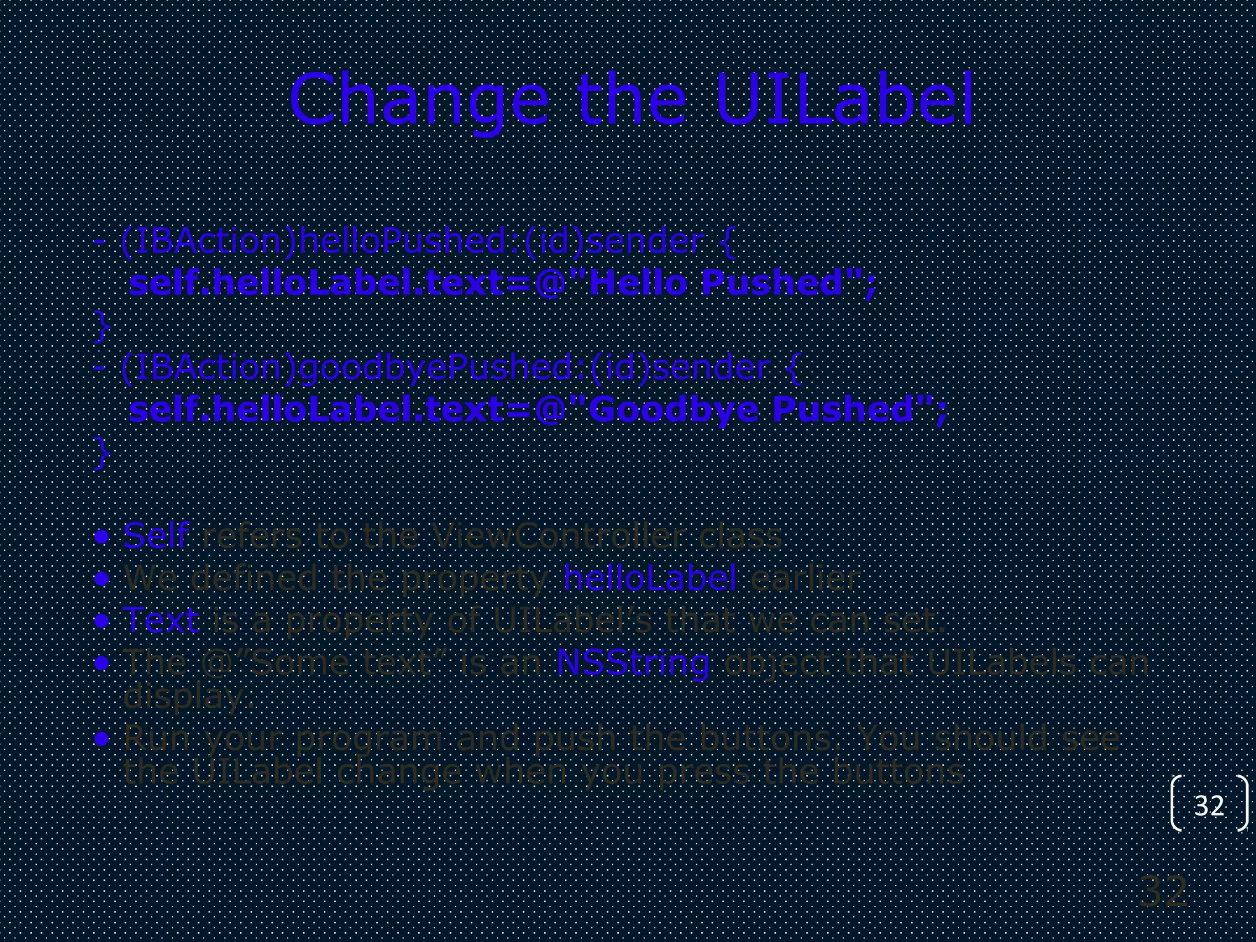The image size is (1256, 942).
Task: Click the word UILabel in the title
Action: pyautogui.click(x=844, y=99)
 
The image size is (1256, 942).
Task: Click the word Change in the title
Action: pyautogui.click(x=419, y=99)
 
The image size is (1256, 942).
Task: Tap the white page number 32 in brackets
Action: pyautogui.click(x=1209, y=805)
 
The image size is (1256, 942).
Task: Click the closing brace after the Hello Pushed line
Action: pyautogui.click(x=102, y=326)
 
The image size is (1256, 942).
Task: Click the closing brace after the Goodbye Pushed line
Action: pyautogui.click(x=102, y=453)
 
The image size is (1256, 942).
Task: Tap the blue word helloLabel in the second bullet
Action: pyautogui.click(x=649, y=578)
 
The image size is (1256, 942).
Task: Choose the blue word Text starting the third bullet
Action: pyautogui.click(x=161, y=619)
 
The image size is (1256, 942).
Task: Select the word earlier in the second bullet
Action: pyautogui.click(x=805, y=578)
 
